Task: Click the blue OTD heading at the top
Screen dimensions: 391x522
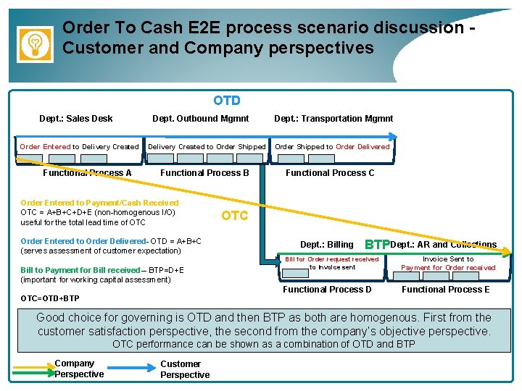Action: (227, 101)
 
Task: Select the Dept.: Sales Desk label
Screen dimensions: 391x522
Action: (76, 119)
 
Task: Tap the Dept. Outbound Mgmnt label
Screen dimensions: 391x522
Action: (200, 119)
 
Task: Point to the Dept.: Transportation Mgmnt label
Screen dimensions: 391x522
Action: (333, 119)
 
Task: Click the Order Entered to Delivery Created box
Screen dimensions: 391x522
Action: (79, 146)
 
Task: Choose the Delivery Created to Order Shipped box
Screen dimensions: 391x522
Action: (207, 146)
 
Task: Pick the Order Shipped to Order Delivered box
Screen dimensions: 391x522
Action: (332, 146)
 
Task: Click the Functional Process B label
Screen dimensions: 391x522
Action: (204, 173)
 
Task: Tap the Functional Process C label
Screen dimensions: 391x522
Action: (330, 173)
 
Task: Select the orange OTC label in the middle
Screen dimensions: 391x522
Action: (234, 216)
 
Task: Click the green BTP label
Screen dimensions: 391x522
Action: (377, 244)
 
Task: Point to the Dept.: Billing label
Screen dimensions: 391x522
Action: (327, 245)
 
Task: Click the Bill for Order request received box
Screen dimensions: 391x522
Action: (332, 263)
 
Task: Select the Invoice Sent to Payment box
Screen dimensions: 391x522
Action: (448, 263)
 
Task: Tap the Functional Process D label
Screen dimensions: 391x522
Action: (327, 290)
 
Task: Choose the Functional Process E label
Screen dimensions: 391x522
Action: (445, 290)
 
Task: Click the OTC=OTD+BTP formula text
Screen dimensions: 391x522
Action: (50, 298)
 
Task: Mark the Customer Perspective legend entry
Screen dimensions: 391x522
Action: (184, 369)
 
